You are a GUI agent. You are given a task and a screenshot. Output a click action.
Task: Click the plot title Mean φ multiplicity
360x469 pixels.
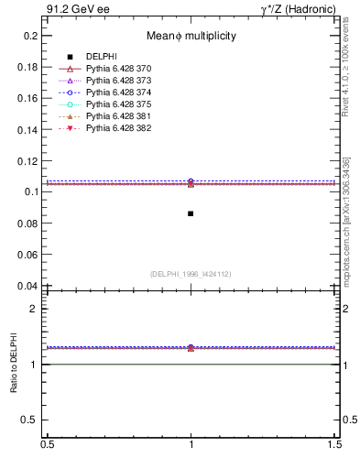click(x=191, y=36)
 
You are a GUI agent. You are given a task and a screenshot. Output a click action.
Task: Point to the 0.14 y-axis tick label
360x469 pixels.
click(x=27, y=129)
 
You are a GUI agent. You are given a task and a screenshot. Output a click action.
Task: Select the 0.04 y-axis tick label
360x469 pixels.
click(x=27, y=286)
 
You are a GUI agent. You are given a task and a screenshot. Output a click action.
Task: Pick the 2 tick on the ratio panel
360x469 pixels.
click(x=33, y=309)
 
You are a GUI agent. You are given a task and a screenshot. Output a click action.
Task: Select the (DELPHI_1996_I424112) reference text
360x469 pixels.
click(x=191, y=274)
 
